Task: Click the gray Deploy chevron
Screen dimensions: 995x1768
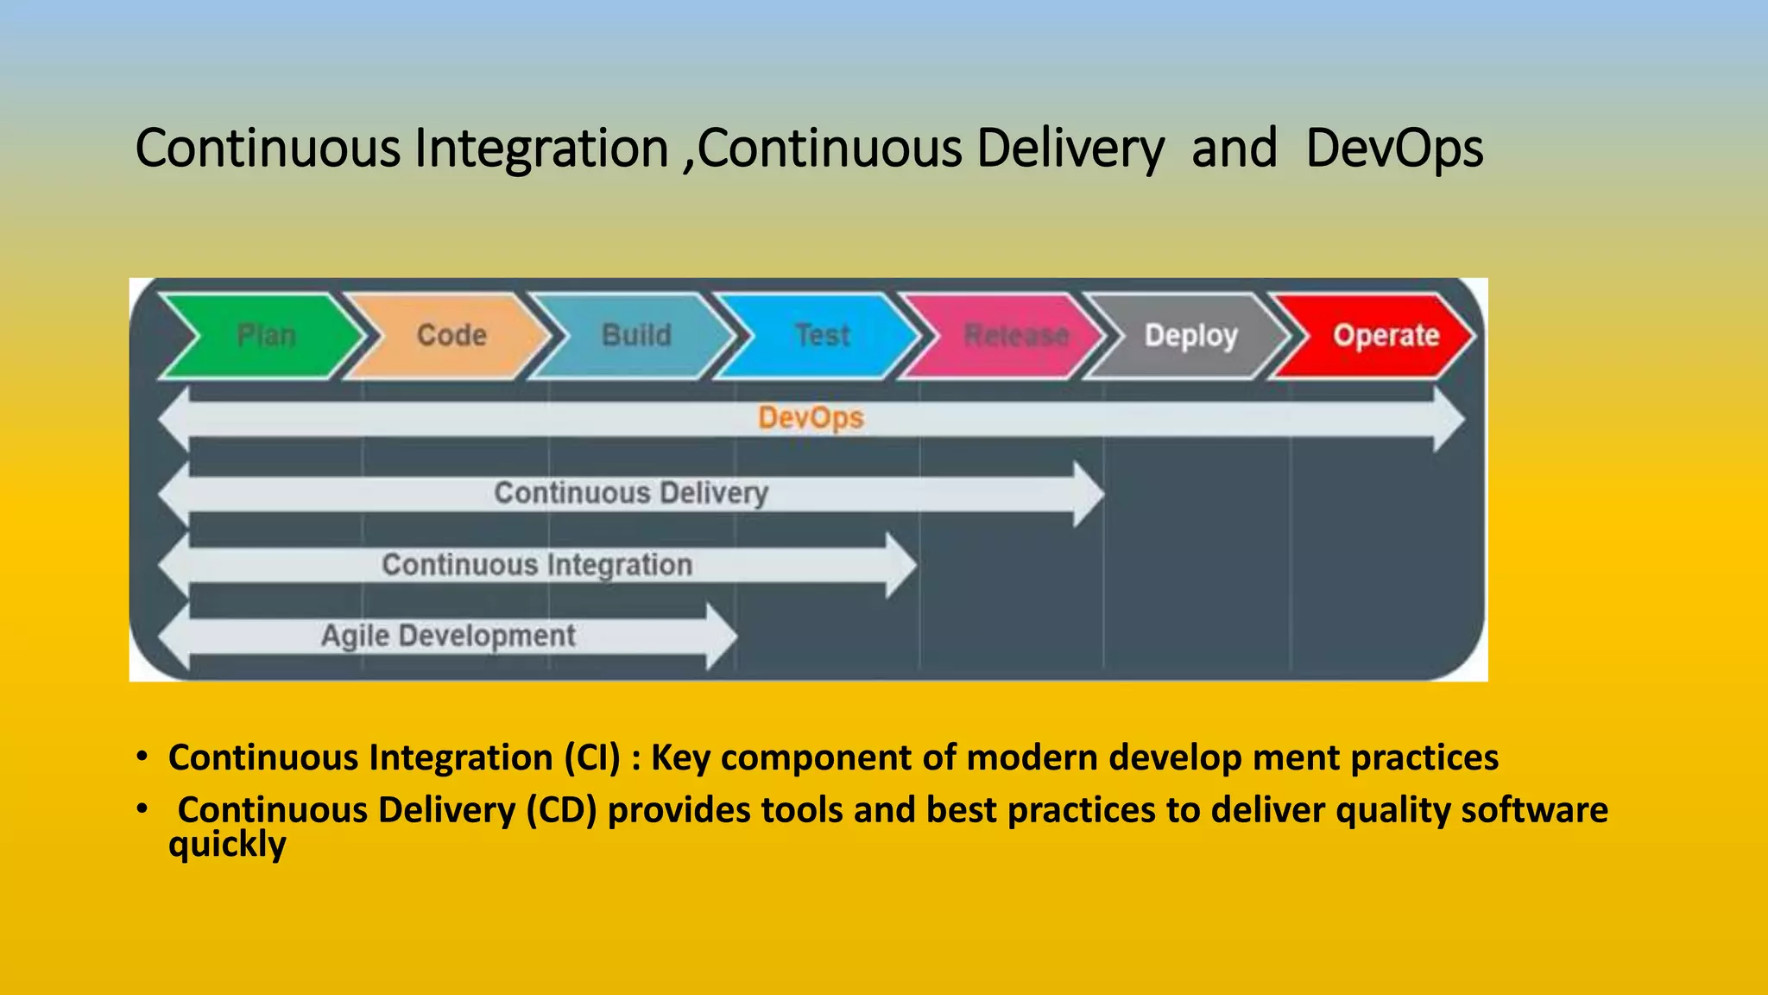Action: pyautogui.click(x=1190, y=336)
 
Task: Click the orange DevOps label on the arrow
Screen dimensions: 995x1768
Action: pyautogui.click(x=811, y=419)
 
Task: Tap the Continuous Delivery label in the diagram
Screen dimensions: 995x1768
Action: pyautogui.click(x=631, y=493)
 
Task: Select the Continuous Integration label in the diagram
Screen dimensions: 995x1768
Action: pyautogui.click(x=537, y=565)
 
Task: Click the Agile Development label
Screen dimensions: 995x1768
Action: pyautogui.click(x=448, y=637)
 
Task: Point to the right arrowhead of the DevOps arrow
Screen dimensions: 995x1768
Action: pyautogui.click(x=1449, y=420)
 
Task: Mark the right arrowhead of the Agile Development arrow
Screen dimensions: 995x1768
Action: pyautogui.click(x=722, y=637)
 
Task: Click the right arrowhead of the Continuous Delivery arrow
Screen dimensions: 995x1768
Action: pyautogui.click(x=1089, y=494)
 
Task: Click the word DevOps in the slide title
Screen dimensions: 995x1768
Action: pyautogui.click(x=1393, y=149)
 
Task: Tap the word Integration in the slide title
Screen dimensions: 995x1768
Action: pyautogui.click(x=541, y=149)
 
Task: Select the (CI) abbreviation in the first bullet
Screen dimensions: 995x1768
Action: pyautogui.click(x=592, y=758)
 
